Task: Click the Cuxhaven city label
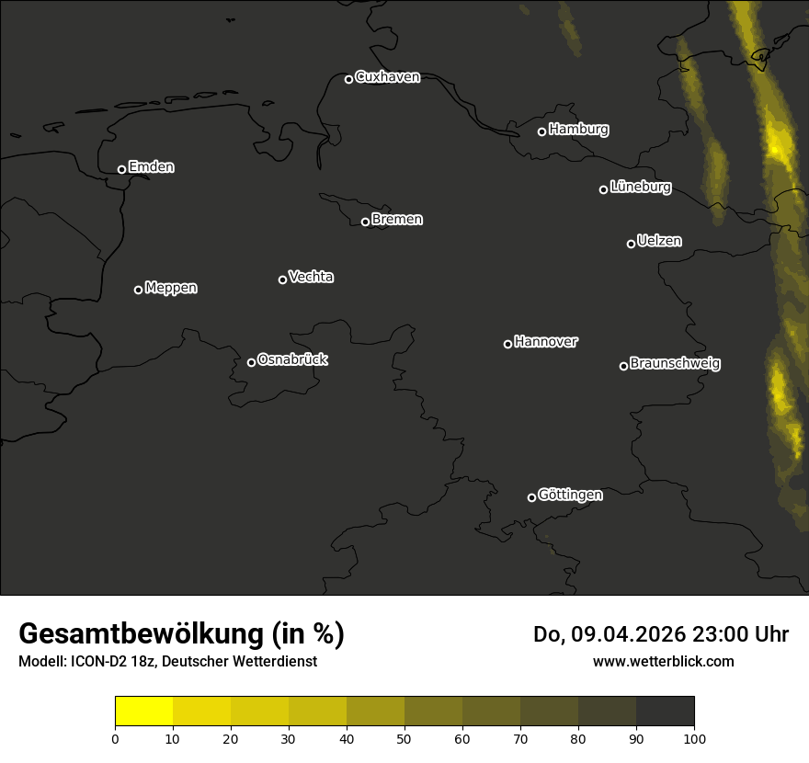click(x=387, y=77)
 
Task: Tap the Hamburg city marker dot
click(x=541, y=131)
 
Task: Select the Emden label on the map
click(x=151, y=167)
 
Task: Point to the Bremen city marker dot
click(x=365, y=222)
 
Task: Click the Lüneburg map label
click(x=640, y=188)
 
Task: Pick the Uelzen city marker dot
click(x=631, y=244)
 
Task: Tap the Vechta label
click(x=311, y=277)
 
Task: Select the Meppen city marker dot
click(x=138, y=290)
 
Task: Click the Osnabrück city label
click(x=292, y=359)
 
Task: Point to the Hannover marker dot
click(x=507, y=344)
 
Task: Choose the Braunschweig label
click(x=675, y=364)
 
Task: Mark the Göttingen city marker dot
click(x=531, y=497)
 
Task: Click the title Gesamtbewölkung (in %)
click(x=181, y=634)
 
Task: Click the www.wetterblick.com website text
click(x=663, y=661)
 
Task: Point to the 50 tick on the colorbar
click(x=404, y=737)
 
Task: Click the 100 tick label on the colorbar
click(x=694, y=737)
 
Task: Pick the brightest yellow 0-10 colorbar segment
click(x=144, y=712)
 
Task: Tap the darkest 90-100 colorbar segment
click(x=665, y=712)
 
